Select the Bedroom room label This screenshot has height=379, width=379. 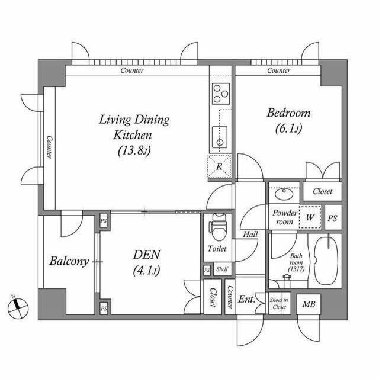[288, 120]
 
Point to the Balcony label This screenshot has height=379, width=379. [69, 261]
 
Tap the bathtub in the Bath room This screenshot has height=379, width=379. [325, 260]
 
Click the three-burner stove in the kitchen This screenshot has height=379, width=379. [221, 93]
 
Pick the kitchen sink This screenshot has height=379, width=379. [220, 137]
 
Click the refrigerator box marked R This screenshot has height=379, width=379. [219, 166]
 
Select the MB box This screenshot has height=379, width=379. [309, 305]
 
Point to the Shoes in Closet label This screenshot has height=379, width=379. [278, 304]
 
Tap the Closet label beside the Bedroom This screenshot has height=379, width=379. [322, 192]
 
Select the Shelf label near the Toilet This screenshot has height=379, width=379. [222, 269]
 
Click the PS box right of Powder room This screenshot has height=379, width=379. [332, 217]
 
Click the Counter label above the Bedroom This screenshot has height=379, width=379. [278, 71]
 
